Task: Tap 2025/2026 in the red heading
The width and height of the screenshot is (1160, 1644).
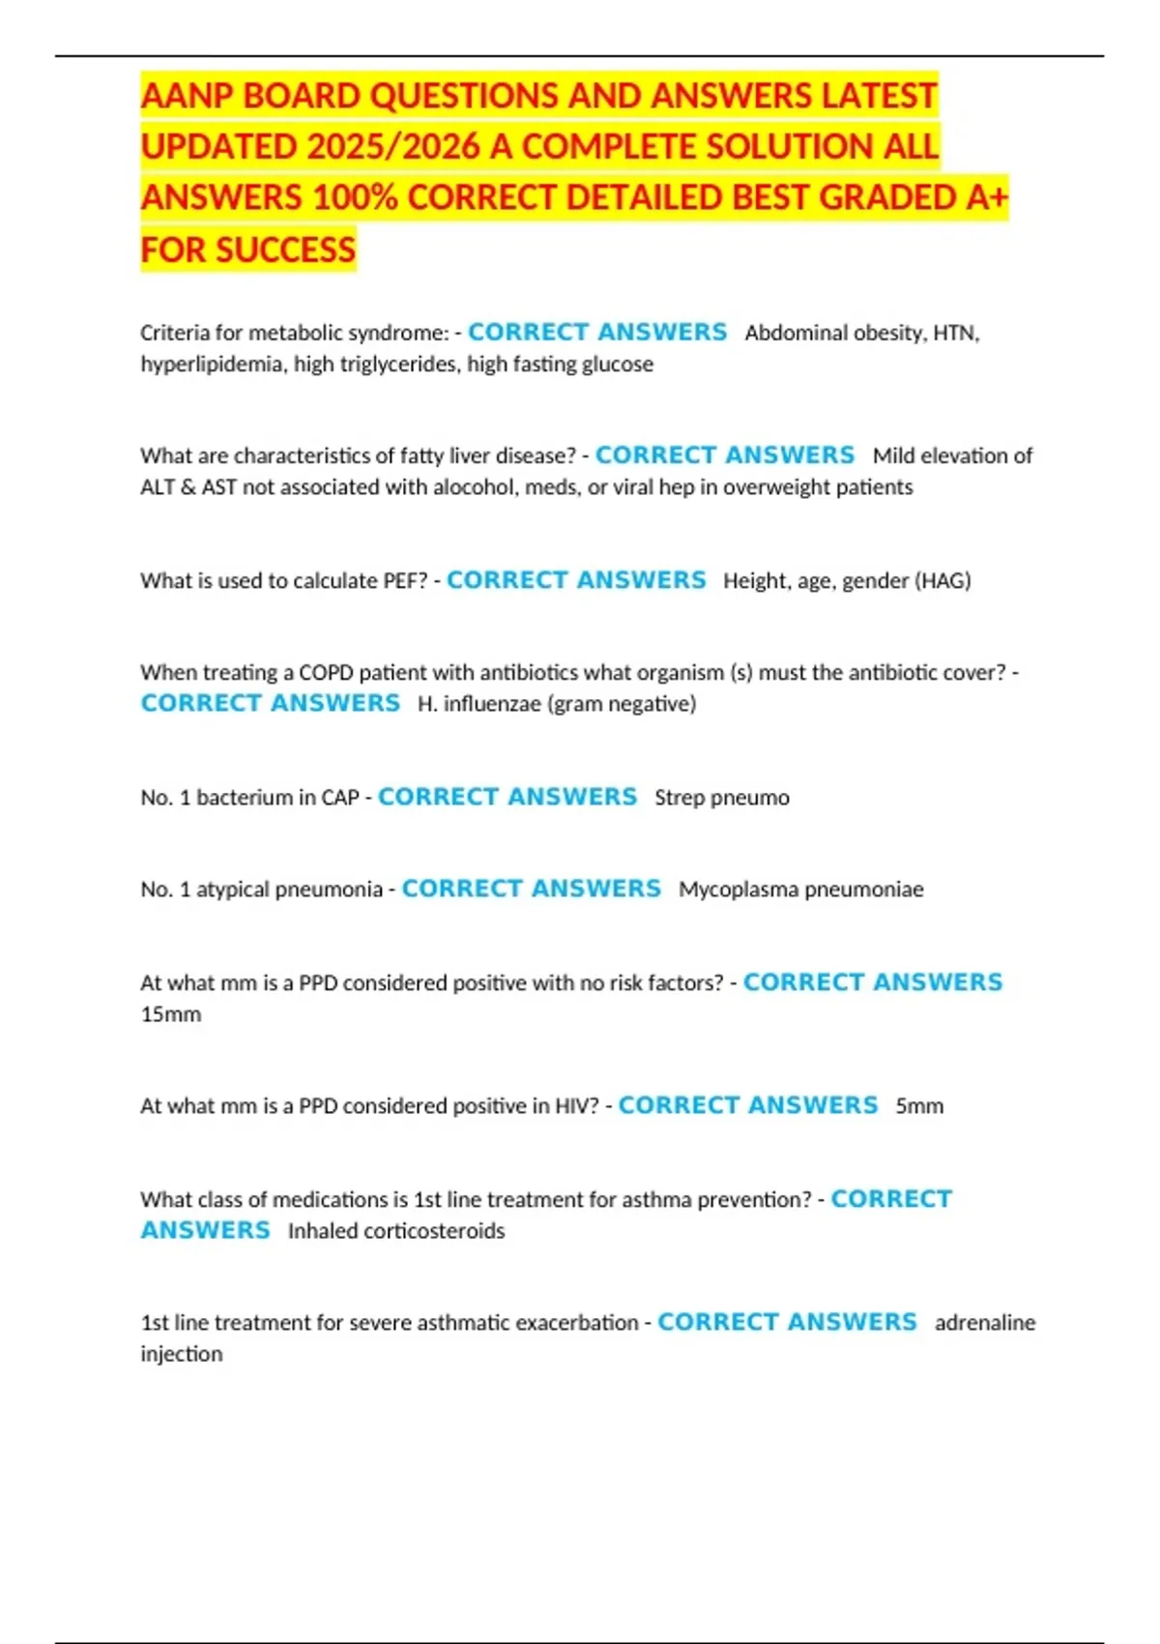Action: [x=392, y=147]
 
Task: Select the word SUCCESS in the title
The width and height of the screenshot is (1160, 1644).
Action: [x=286, y=250]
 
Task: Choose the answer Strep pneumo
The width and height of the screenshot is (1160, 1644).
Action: [x=721, y=798]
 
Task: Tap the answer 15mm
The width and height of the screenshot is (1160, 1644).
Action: [x=171, y=1014]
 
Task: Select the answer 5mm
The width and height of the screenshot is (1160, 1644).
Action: [x=918, y=1106]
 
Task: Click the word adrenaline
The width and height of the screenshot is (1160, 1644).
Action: [x=984, y=1323]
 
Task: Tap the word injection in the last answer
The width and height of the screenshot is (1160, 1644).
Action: [x=182, y=1354]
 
